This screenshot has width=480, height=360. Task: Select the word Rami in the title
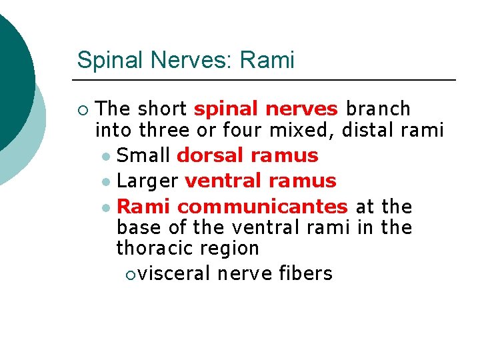[267, 60]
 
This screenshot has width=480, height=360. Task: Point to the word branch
[379, 109]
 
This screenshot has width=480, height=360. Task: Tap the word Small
[143, 155]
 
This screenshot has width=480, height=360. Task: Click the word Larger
[147, 181]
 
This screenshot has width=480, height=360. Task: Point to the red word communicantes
[262, 206]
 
